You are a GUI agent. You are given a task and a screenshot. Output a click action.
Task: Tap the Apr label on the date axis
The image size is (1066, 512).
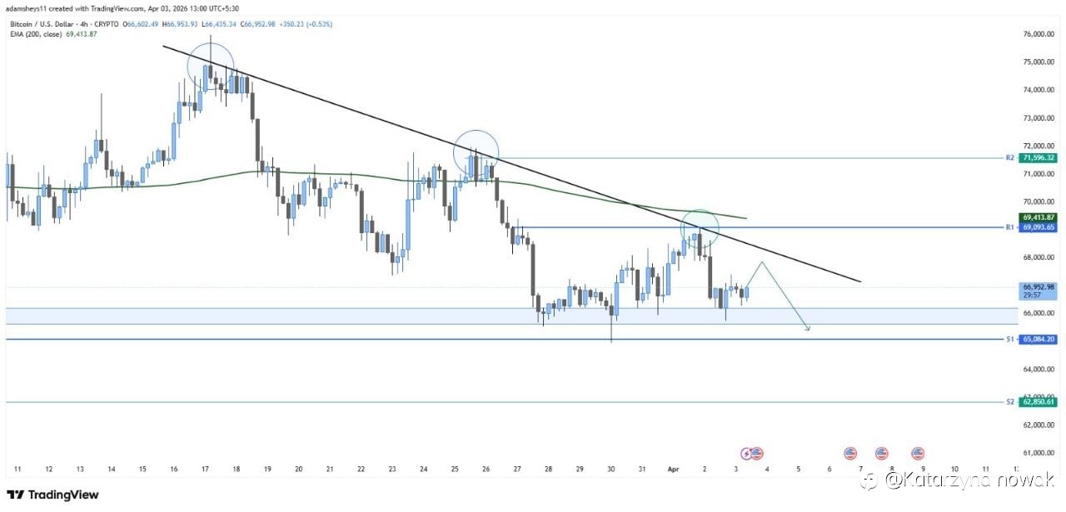tap(674, 470)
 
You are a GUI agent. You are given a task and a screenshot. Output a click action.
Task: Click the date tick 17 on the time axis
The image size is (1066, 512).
tap(205, 470)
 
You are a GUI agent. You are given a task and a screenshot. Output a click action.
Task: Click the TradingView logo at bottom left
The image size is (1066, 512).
tap(52, 495)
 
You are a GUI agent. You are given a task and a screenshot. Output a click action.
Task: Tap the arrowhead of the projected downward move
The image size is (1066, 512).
tap(806, 330)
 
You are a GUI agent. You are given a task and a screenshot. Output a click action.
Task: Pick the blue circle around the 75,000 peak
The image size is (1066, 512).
tap(211, 67)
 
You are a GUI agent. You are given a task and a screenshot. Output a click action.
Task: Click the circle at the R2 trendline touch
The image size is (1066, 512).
tap(476, 152)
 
